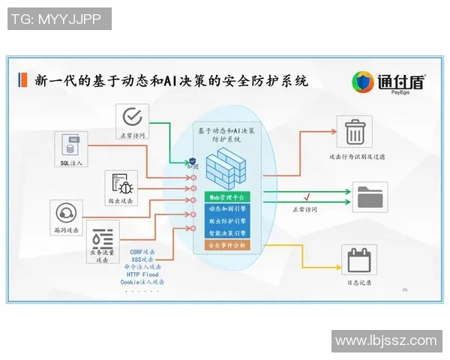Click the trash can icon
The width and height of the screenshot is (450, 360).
click(x=354, y=133)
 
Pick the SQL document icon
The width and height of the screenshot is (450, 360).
click(x=72, y=144)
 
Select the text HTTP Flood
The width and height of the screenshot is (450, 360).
click(x=142, y=274)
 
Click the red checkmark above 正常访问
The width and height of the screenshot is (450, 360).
click(x=307, y=197)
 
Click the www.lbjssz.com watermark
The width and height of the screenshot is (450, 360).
click(x=386, y=340)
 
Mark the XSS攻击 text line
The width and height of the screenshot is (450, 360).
click(x=142, y=259)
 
